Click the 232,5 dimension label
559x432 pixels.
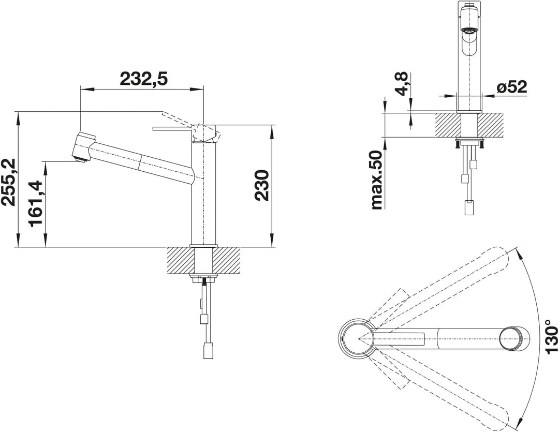143,79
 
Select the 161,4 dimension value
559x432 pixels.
36,203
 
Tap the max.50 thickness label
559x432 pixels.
376,180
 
